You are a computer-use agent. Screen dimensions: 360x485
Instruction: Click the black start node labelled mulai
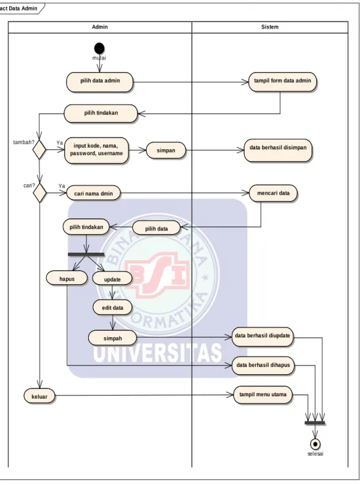coord(99,49)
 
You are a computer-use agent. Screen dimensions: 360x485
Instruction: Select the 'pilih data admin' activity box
coord(100,82)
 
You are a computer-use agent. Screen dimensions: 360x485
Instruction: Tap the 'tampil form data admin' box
coord(282,82)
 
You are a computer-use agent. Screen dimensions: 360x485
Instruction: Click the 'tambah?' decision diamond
coord(39,150)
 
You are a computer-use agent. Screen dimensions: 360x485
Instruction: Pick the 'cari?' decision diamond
coord(39,194)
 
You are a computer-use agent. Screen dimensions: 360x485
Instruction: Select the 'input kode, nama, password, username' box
coord(96,150)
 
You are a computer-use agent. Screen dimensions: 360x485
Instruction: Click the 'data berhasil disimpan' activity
coord(278,150)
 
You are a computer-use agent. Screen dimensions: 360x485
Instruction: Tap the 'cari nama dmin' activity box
coord(94,194)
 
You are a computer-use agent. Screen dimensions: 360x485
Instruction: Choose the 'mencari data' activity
coord(273,194)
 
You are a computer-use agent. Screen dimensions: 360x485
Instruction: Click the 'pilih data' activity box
coord(156,229)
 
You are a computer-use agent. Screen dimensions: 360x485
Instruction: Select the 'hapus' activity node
coord(67,279)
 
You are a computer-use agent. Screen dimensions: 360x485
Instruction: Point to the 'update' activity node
coord(112,279)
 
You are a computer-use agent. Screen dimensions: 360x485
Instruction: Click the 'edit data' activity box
coord(113,308)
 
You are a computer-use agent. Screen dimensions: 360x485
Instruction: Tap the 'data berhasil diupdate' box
coord(262,336)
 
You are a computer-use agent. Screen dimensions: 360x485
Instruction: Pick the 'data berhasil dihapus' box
coord(263,365)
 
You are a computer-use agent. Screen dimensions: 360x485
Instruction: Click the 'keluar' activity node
coord(39,396)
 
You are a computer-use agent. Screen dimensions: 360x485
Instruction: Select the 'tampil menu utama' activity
coord(263,395)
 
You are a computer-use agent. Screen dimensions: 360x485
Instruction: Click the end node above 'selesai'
coord(315,444)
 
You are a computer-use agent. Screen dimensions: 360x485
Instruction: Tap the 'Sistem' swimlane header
coord(269,27)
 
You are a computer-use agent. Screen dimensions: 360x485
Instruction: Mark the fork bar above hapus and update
coord(86,255)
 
